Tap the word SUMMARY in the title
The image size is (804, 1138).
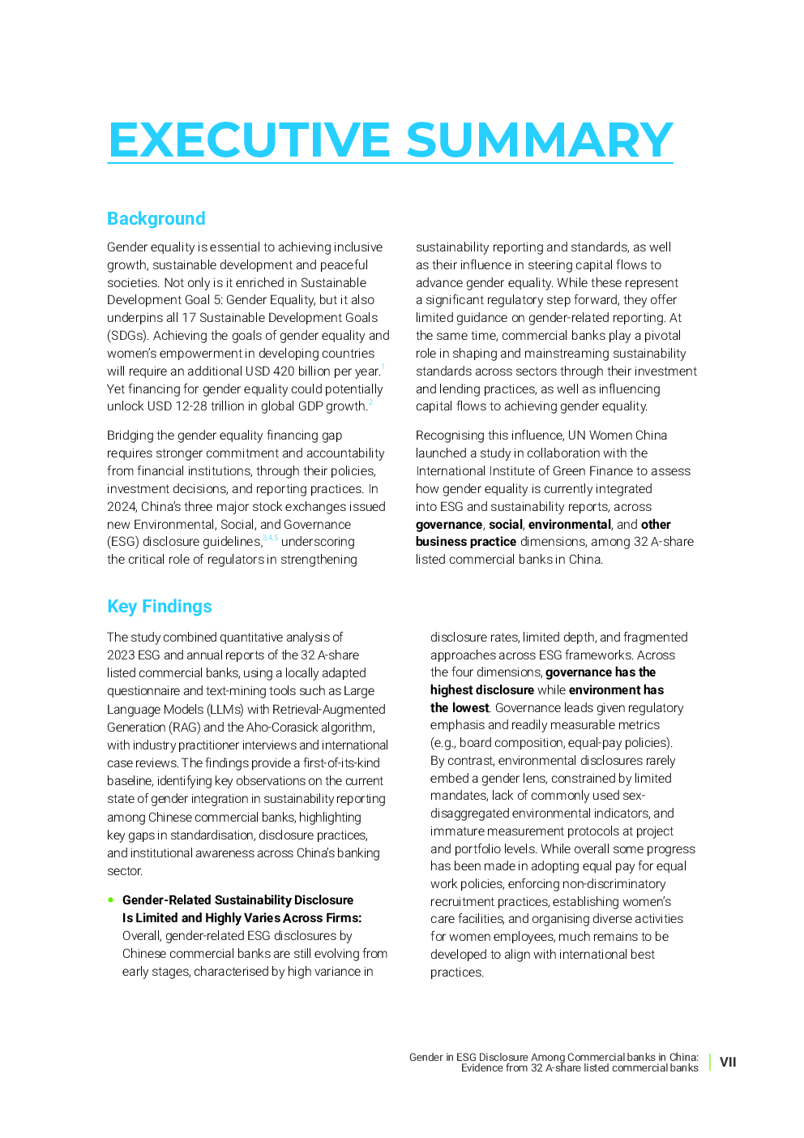click(x=539, y=140)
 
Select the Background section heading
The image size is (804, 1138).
click(x=156, y=219)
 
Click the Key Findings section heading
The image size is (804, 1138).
click(x=160, y=607)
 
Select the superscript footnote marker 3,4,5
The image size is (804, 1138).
click(x=270, y=538)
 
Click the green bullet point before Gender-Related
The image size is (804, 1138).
click(x=111, y=900)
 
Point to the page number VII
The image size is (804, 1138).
click(x=728, y=1062)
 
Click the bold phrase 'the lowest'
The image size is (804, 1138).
click(x=460, y=708)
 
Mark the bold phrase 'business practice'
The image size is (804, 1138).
click(x=466, y=542)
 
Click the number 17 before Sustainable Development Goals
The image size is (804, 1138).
click(x=189, y=318)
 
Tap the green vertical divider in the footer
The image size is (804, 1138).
click(x=710, y=1062)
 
